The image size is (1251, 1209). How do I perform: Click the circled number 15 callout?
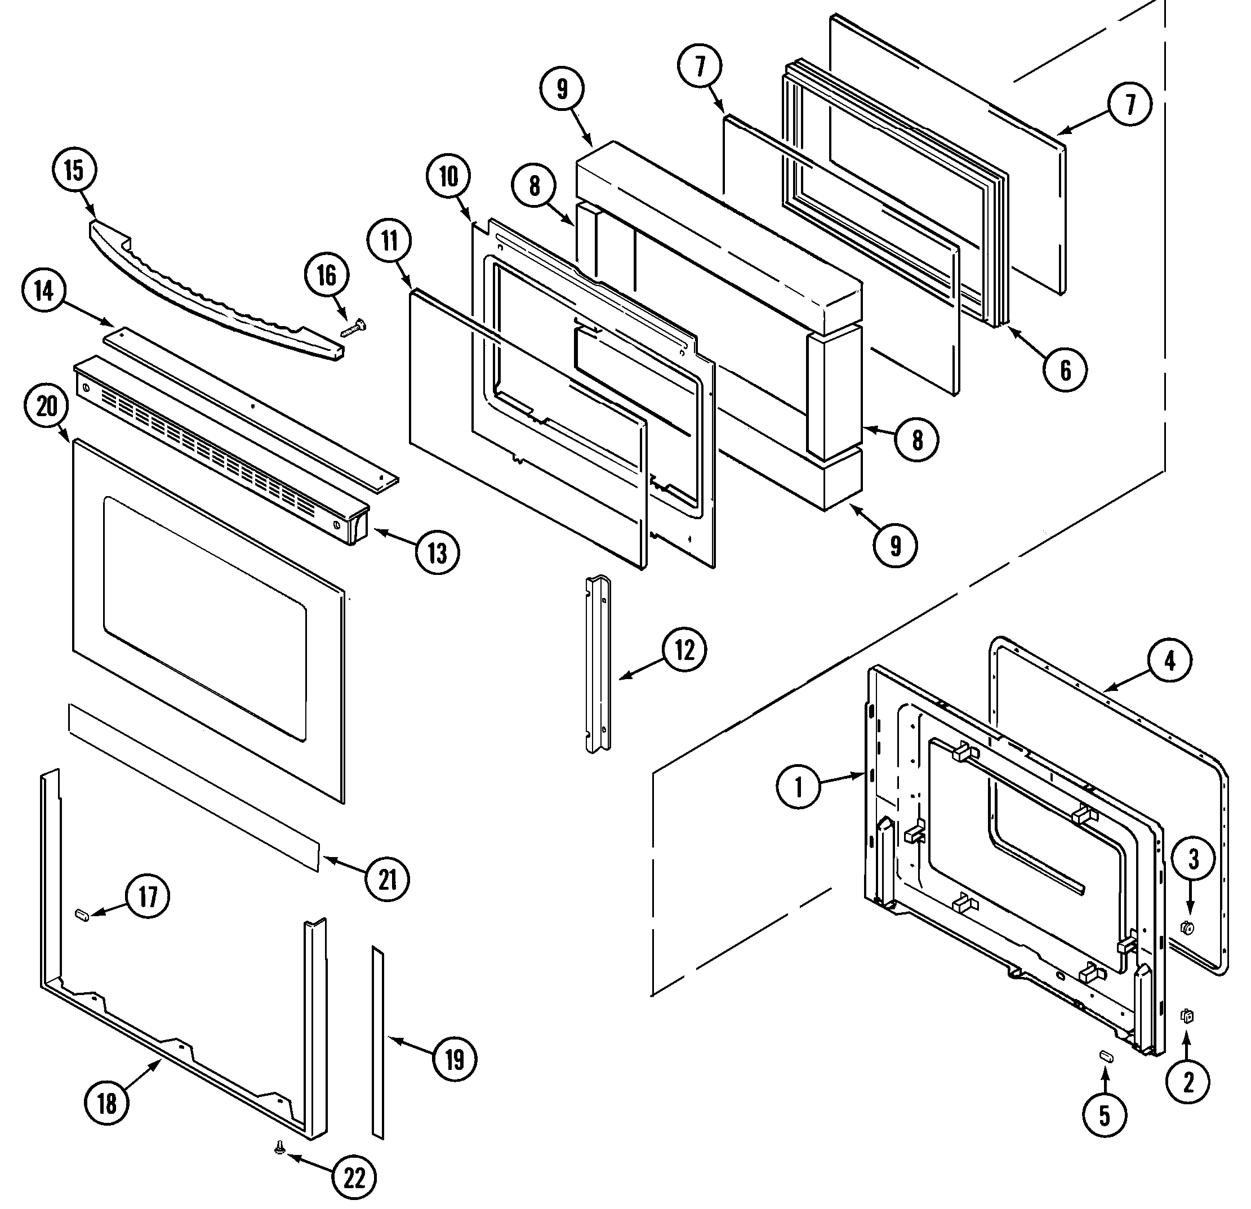coord(74,171)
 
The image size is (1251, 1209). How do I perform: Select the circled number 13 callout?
coord(437,552)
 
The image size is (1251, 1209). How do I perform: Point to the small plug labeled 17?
coord(82,916)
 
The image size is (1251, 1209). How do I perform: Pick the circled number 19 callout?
coord(455,1060)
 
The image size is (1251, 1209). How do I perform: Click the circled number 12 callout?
coord(684,651)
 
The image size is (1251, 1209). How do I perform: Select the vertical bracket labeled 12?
coord(598,663)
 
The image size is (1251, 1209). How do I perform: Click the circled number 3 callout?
coord(1193,860)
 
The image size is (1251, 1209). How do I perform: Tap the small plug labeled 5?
coord(1107,1056)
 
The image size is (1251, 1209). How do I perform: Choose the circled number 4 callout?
coord(1169,662)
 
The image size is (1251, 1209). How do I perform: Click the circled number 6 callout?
coord(1065,369)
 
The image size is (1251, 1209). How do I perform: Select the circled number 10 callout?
coord(449,177)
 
